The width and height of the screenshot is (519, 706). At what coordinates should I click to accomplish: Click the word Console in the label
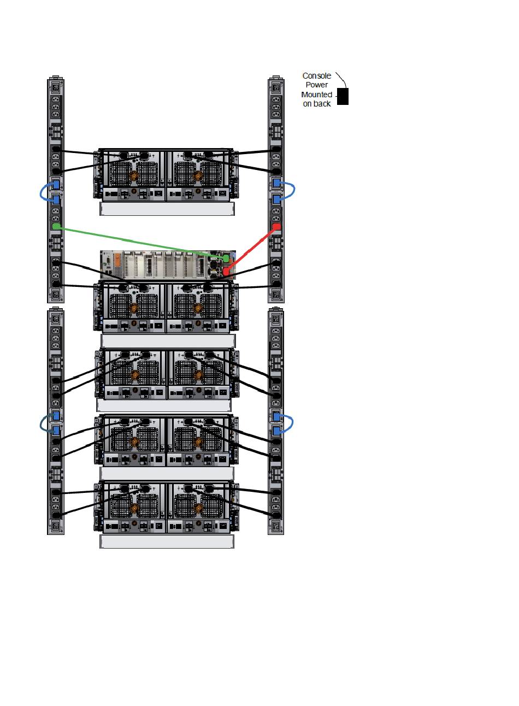tap(316, 76)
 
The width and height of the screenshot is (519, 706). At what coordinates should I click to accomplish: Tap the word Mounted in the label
tap(316, 95)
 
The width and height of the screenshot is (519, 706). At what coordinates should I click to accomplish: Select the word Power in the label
tap(317, 85)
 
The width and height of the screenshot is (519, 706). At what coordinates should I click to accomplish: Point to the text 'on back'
tap(317, 104)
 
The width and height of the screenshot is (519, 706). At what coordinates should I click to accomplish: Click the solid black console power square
tap(343, 96)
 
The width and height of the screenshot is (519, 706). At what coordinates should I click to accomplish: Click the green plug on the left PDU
tap(55, 226)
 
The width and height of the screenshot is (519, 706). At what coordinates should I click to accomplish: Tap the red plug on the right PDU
tap(276, 226)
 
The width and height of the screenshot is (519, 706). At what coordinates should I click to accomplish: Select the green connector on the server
tap(226, 258)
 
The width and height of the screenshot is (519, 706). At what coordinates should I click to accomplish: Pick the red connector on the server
tap(226, 270)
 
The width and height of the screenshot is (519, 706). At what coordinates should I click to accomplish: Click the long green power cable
tap(137, 241)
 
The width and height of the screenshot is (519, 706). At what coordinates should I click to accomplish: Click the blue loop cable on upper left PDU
tap(43, 192)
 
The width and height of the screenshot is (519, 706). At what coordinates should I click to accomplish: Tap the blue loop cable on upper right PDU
tap(294, 190)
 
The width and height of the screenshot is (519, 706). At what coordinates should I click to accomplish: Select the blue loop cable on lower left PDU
tap(43, 423)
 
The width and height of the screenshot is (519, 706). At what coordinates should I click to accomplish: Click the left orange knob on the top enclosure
tap(133, 176)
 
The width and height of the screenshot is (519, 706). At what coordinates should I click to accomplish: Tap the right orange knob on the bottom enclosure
tap(198, 509)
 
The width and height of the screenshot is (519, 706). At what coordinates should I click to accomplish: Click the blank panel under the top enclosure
tap(167, 209)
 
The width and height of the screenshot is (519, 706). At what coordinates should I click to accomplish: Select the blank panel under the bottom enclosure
tap(167, 542)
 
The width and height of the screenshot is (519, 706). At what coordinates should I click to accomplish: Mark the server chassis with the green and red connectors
tap(158, 265)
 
